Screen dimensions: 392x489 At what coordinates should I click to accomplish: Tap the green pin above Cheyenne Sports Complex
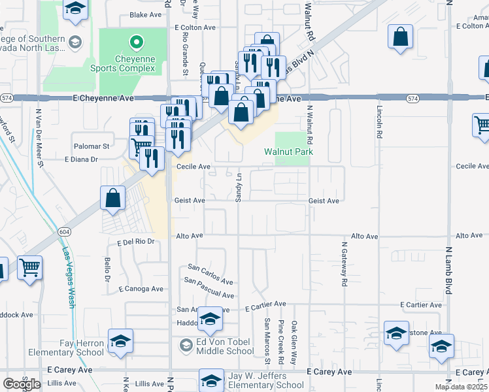point(136,44)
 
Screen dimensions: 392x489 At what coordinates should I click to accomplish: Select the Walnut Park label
point(288,152)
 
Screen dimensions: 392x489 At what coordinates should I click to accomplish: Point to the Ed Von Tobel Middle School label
point(216,346)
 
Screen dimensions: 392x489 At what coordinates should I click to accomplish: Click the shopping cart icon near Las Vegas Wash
point(29,267)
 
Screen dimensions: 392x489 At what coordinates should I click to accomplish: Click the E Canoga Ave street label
point(141,289)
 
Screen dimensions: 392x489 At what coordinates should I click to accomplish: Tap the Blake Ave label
point(145,14)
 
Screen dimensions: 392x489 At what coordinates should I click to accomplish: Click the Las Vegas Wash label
point(68,276)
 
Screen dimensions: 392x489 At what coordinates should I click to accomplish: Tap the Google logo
point(22,384)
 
